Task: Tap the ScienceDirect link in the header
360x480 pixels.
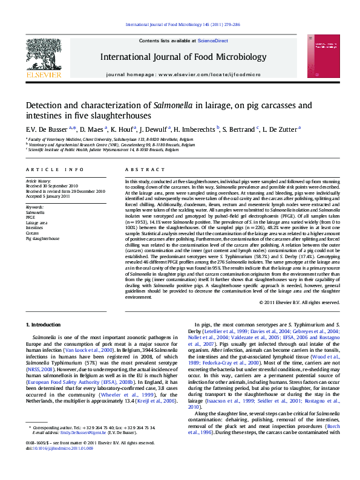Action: click(x=213, y=41)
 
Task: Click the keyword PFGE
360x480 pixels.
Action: click(x=31, y=217)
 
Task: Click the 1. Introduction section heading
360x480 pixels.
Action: click(x=45, y=325)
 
